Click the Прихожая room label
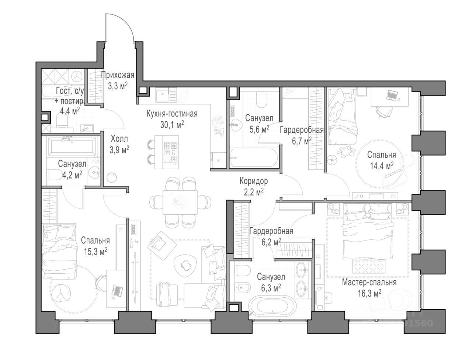pos(117,75)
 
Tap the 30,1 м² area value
pos(172,125)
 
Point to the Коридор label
pos(254,181)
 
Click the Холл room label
pos(119,139)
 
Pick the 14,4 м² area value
pos(381,166)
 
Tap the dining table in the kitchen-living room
pos(180,202)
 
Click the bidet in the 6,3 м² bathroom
pos(242,287)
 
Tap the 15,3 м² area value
pos(95,252)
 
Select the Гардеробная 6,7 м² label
pos(302,136)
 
